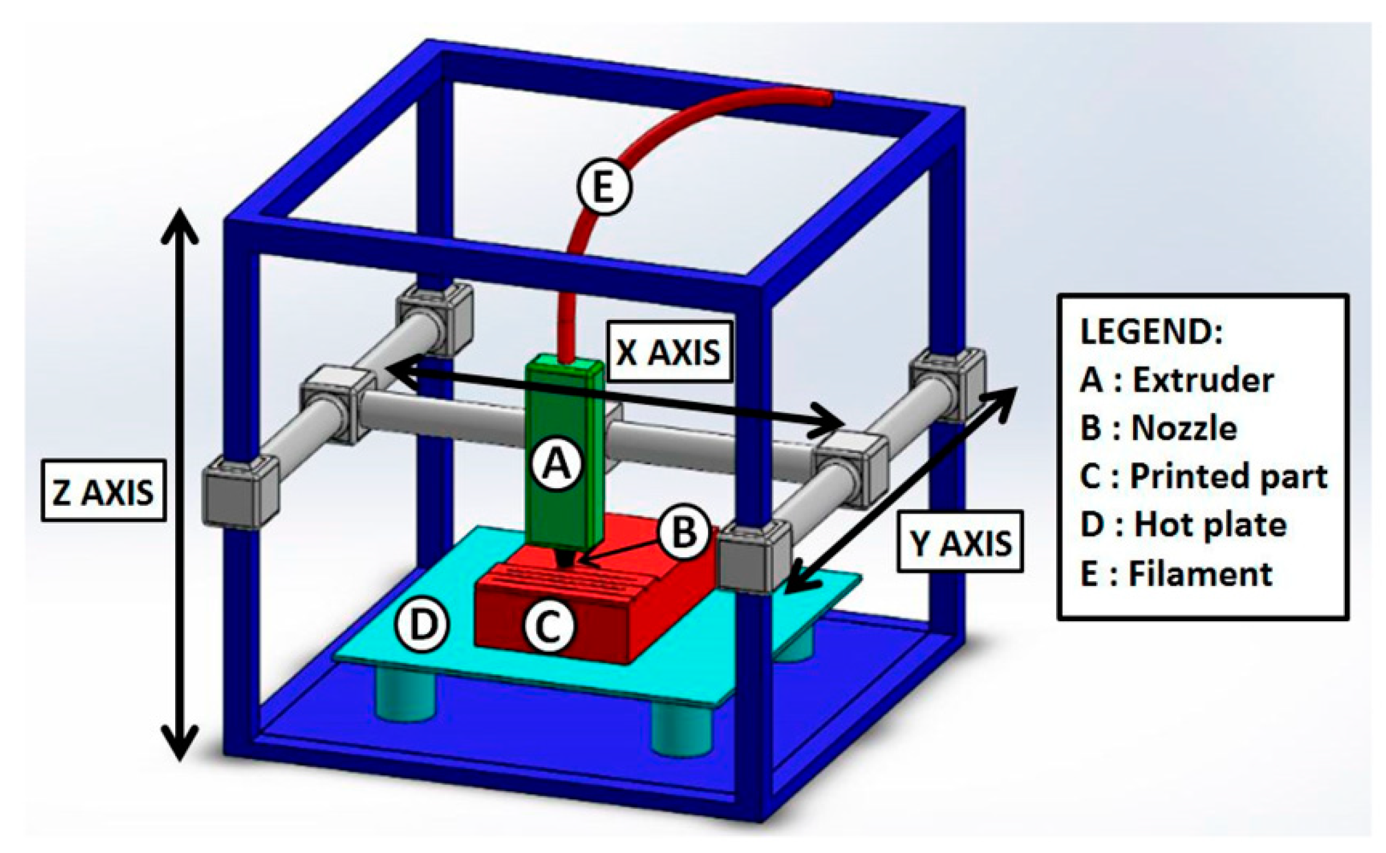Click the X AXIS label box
669,352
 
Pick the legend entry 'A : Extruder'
1176,381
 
